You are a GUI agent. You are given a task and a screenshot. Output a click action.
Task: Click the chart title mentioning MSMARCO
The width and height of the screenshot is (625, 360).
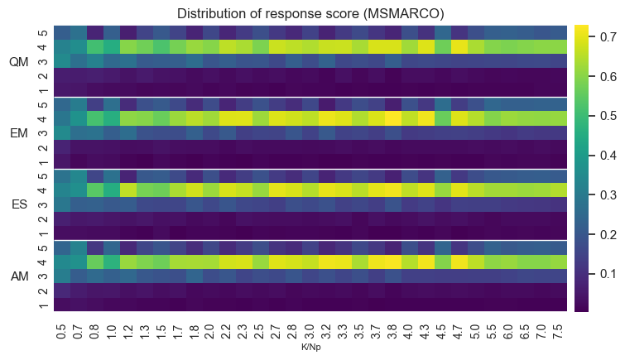pyautogui.click(x=310, y=13)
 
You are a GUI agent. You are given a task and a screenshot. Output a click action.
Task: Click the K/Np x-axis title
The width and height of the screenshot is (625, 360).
pyautogui.click(x=311, y=348)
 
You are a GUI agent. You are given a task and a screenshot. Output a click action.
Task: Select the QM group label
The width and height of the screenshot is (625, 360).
pyautogui.click(x=19, y=62)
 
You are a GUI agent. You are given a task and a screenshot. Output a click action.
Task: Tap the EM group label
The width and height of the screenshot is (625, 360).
pyautogui.click(x=19, y=133)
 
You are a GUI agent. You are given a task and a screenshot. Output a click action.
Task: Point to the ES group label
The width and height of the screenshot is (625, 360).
pyautogui.click(x=20, y=204)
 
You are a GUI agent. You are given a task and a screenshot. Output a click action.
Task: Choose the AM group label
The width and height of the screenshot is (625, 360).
pyautogui.click(x=20, y=276)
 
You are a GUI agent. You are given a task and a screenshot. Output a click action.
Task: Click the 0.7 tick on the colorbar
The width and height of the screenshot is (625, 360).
pyautogui.click(x=608, y=37)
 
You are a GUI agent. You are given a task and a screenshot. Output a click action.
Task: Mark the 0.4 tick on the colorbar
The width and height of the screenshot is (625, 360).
pyautogui.click(x=608, y=155)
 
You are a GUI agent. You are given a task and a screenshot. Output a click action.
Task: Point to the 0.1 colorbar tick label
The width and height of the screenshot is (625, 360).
pyautogui.click(x=608, y=273)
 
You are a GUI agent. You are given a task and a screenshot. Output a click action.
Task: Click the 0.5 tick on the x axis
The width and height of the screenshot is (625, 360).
pyautogui.click(x=62, y=331)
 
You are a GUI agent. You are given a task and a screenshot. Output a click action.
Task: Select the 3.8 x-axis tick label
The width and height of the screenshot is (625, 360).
pyautogui.click(x=392, y=331)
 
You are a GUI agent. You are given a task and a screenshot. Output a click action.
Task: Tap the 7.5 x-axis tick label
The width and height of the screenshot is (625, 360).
pyautogui.click(x=558, y=331)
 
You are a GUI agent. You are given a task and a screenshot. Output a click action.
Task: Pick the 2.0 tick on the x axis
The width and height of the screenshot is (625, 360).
pyautogui.click(x=211, y=331)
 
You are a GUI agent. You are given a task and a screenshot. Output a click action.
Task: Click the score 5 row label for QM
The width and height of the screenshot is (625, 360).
pyautogui.click(x=43, y=33)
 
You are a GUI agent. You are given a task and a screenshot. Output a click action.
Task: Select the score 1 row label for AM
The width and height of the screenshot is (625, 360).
pyautogui.click(x=43, y=305)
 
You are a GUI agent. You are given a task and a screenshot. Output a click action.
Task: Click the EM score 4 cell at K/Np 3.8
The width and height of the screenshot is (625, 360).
pyautogui.click(x=393, y=119)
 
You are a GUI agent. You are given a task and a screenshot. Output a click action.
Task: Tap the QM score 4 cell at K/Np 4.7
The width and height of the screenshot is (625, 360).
pyautogui.click(x=459, y=47)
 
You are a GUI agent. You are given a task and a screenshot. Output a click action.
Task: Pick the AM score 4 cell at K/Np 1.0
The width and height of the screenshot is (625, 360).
pyautogui.click(x=112, y=262)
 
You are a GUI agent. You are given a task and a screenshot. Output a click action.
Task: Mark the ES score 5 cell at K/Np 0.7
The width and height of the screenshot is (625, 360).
pyautogui.click(x=79, y=175)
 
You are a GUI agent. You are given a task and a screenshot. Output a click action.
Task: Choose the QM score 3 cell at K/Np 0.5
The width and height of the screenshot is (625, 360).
pyautogui.click(x=62, y=61)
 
